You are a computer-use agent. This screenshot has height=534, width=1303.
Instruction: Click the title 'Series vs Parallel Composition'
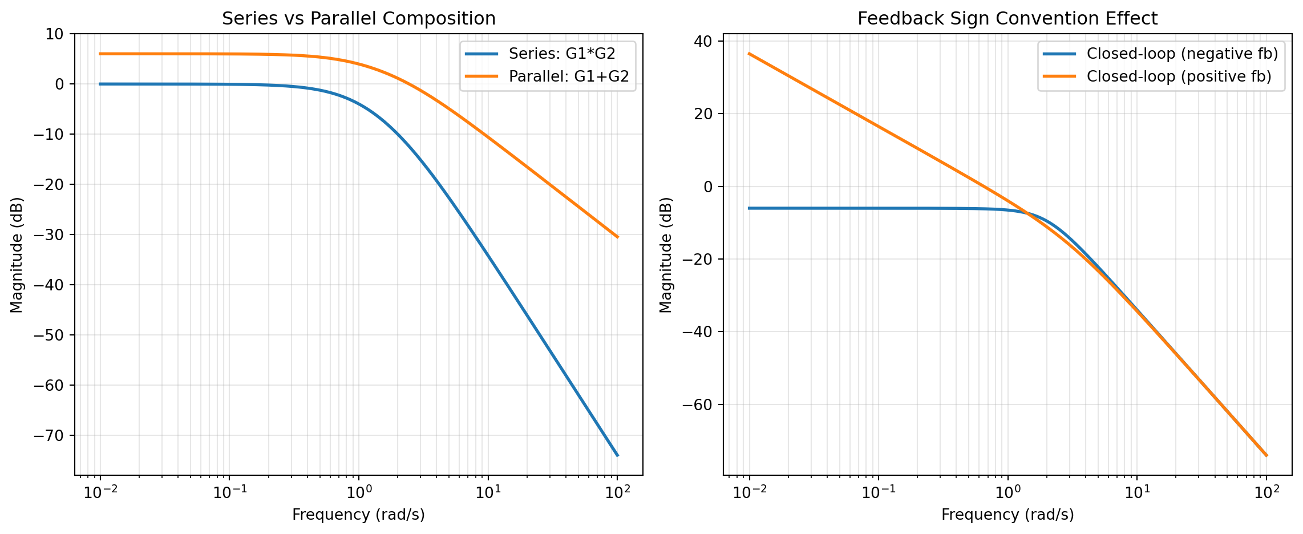click(x=358, y=19)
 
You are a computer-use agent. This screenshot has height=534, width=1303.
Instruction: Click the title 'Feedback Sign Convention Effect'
click(x=1007, y=19)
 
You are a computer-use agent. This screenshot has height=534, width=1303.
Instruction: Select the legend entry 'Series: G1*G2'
click(x=562, y=54)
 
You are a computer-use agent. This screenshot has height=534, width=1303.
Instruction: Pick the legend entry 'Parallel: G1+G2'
click(x=569, y=76)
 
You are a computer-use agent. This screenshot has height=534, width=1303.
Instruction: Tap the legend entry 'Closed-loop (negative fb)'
click(x=1182, y=54)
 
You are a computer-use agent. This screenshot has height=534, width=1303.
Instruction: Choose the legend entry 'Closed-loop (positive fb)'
click(x=1179, y=76)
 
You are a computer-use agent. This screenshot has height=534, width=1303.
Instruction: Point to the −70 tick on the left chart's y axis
click(x=56, y=436)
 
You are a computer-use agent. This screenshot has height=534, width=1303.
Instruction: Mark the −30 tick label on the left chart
click(x=56, y=235)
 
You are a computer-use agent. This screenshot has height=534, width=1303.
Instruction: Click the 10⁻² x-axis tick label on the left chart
click(x=100, y=492)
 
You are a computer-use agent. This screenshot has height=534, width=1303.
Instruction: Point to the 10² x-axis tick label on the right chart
click(x=1266, y=492)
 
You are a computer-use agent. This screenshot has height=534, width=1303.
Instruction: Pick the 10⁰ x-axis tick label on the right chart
click(x=1007, y=492)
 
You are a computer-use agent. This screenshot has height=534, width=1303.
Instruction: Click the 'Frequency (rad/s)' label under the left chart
click(x=358, y=515)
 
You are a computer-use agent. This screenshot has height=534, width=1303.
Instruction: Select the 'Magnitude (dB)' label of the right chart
click(x=666, y=254)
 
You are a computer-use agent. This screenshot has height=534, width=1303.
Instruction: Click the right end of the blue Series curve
click(x=617, y=455)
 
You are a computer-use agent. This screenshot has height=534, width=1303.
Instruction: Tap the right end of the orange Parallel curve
click(x=617, y=237)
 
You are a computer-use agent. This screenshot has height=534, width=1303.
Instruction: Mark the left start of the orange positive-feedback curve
click(x=749, y=54)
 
